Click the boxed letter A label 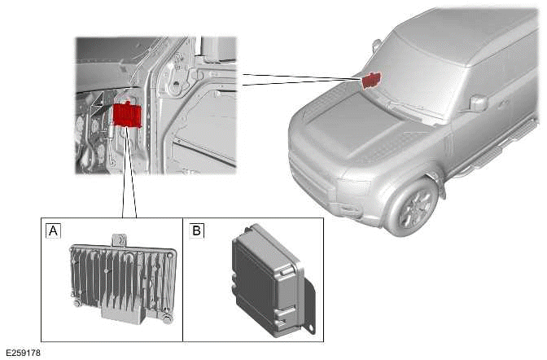(x=54, y=230)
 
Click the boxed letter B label (x=196, y=230)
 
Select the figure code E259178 (x=21, y=353)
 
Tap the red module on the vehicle (x=371, y=79)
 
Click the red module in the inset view (x=129, y=114)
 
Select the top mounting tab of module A (x=118, y=240)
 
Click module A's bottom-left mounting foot (x=77, y=304)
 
